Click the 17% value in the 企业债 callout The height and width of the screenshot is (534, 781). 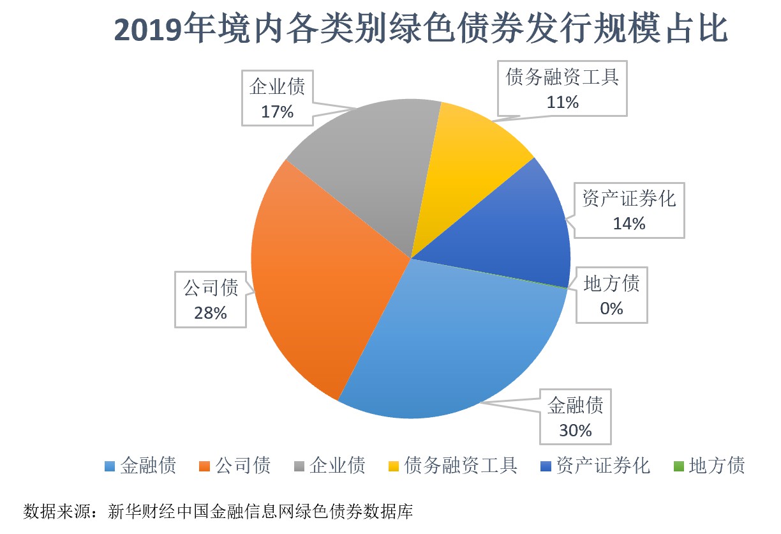[x=277, y=111]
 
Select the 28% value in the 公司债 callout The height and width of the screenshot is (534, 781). [x=211, y=312]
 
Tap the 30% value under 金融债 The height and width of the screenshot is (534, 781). [x=576, y=430]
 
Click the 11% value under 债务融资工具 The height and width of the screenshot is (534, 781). [x=562, y=102]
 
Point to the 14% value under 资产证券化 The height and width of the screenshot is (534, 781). [x=629, y=223]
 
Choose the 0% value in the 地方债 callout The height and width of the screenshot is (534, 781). [x=611, y=308]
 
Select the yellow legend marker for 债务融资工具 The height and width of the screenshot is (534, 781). [x=394, y=466]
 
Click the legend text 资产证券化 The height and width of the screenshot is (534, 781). [x=603, y=465]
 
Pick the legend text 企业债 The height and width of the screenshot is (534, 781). [x=338, y=465]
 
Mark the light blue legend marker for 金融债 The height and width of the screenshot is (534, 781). [x=110, y=466]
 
